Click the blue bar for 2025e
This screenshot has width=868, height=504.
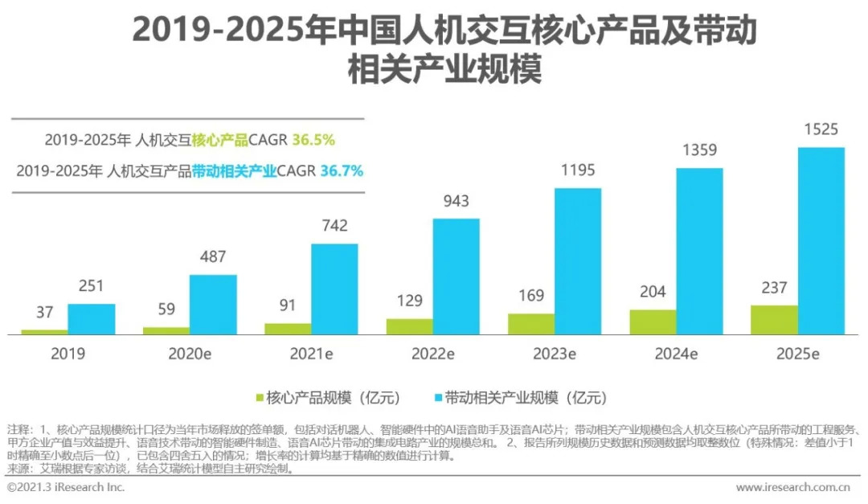coord(821,240)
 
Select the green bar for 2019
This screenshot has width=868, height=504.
coord(44,331)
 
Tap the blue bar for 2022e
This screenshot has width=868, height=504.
coord(457,276)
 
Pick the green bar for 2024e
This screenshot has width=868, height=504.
coord(653,322)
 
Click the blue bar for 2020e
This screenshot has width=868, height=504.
coord(213,304)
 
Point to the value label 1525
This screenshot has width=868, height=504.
coord(821,129)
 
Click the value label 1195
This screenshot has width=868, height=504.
coord(578,170)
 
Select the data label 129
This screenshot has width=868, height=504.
coord(409,301)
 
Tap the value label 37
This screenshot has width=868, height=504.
coord(44,313)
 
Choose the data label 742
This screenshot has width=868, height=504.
coord(334,226)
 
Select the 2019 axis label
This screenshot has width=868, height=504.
coord(68,354)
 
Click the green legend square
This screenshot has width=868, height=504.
coord(259,397)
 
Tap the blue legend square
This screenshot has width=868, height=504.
coord(439,397)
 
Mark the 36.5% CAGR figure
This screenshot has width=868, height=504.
coord(313,140)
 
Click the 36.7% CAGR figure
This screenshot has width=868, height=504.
coord(342,170)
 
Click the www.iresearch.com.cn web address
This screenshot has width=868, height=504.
coord(792,487)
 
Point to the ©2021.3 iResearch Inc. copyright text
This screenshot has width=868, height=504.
coord(66,487)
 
